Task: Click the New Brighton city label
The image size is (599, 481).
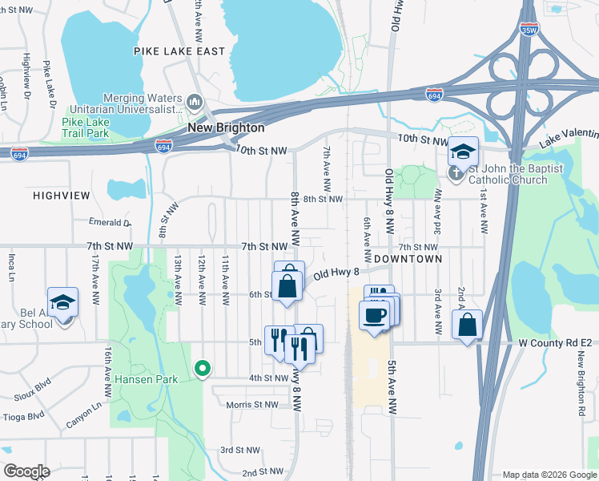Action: (x=226, y=127)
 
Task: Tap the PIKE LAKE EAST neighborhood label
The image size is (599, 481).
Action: (x=179, y=51)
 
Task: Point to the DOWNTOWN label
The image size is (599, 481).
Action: (x=407, y=259)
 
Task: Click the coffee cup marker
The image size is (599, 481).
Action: (x=374, y=315)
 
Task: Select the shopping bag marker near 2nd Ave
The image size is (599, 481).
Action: (x=467, y=325)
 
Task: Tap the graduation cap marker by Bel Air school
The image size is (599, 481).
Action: (x=62, y=302)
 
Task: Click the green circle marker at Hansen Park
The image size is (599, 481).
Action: (x=203, y=369)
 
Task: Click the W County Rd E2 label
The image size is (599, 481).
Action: (x=556, y=343)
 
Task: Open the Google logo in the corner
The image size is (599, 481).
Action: (x=27, y=471)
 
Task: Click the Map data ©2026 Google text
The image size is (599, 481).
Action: (x=549, y=475)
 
